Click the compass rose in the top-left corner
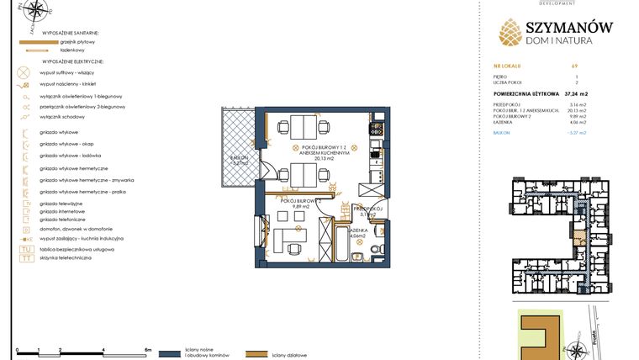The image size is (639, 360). (x=35, y=12)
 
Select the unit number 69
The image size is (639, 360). (x=574, y=65)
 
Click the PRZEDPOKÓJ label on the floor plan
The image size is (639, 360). (x=369, y=208)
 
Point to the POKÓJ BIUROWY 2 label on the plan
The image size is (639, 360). (x=302, y=203)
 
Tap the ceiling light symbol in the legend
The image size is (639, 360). (x=23, y=73)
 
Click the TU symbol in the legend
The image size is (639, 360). (x=25, y=250)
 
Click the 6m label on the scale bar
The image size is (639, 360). (x=147, y=348)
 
